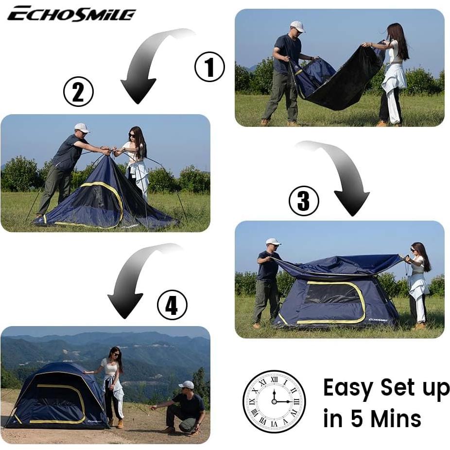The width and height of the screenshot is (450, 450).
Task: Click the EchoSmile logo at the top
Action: (x=71, y=14)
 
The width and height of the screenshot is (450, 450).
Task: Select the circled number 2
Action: (x=78, y=91)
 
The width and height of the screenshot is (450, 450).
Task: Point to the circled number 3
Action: (x=304, y=201)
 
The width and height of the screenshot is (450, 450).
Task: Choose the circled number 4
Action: (x=172, y=305)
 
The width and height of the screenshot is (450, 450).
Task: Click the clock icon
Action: (x=274, y=401)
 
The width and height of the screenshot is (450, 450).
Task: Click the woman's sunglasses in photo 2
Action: (x=133, y=135)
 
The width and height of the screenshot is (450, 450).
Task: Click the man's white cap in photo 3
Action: (x=273, y=242)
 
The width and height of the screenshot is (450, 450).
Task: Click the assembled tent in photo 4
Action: (x=56, y=396)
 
